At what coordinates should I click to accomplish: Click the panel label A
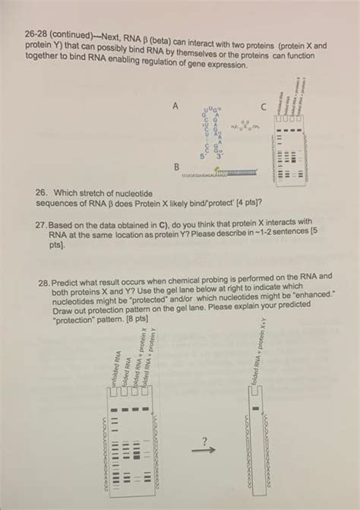(x=176, y=106)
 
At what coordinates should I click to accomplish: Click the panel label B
(x=177, y=166)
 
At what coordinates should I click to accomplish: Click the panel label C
(x=263, y=106)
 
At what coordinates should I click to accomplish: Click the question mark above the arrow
(x=204, y=439)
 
